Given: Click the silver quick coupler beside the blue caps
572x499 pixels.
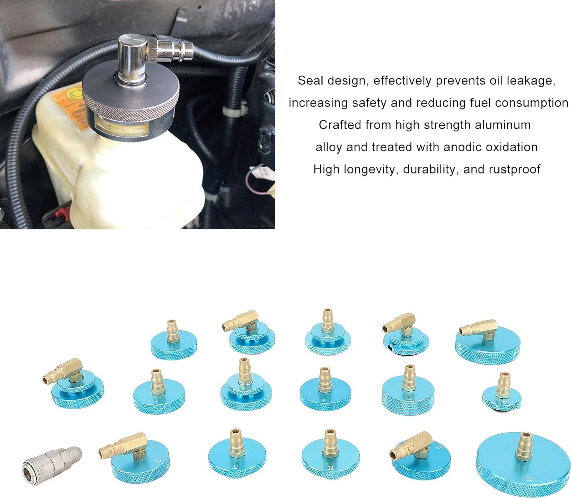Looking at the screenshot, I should point(52,462).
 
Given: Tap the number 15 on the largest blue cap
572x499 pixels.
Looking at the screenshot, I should point(528,478).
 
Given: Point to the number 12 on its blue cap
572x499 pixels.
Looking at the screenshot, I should point(235,467).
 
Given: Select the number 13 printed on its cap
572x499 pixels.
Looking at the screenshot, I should point(330,467).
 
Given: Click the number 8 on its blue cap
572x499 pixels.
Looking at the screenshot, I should point(324,401).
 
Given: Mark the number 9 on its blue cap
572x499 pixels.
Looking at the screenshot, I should point(409,398).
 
